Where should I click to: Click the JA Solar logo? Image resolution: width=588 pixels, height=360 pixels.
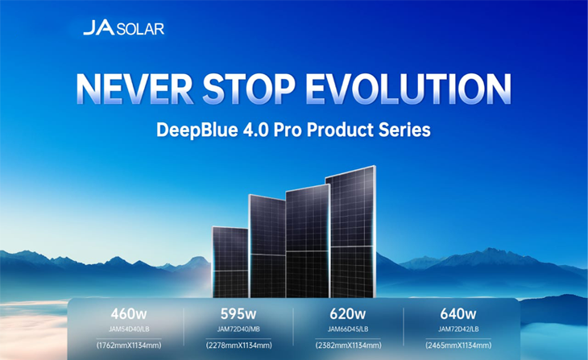[x=123, y=29]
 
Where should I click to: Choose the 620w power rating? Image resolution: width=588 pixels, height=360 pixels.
[x=348, y=313]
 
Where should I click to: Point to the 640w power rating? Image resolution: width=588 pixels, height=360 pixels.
[x=458, y=313]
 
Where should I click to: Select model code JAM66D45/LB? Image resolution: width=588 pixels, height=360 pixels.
[x=348, y=329]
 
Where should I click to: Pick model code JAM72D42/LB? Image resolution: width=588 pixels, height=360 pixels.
[x=458, y=329]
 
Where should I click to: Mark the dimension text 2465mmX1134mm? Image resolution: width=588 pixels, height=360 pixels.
[x=458, y=346]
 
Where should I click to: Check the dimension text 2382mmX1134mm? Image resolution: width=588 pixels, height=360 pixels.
[x=348, y=346]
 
